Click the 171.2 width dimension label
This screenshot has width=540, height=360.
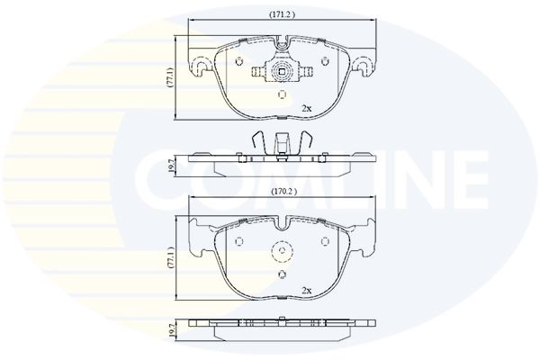282,14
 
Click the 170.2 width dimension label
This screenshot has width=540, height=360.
283,192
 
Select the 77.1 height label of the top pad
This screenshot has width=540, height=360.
171,77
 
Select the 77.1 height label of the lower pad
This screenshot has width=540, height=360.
171,257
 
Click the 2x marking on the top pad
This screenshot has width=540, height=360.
306,109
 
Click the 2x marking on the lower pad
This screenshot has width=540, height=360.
306,291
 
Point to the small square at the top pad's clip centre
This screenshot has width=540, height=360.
282,72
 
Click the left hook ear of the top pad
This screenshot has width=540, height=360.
200,66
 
